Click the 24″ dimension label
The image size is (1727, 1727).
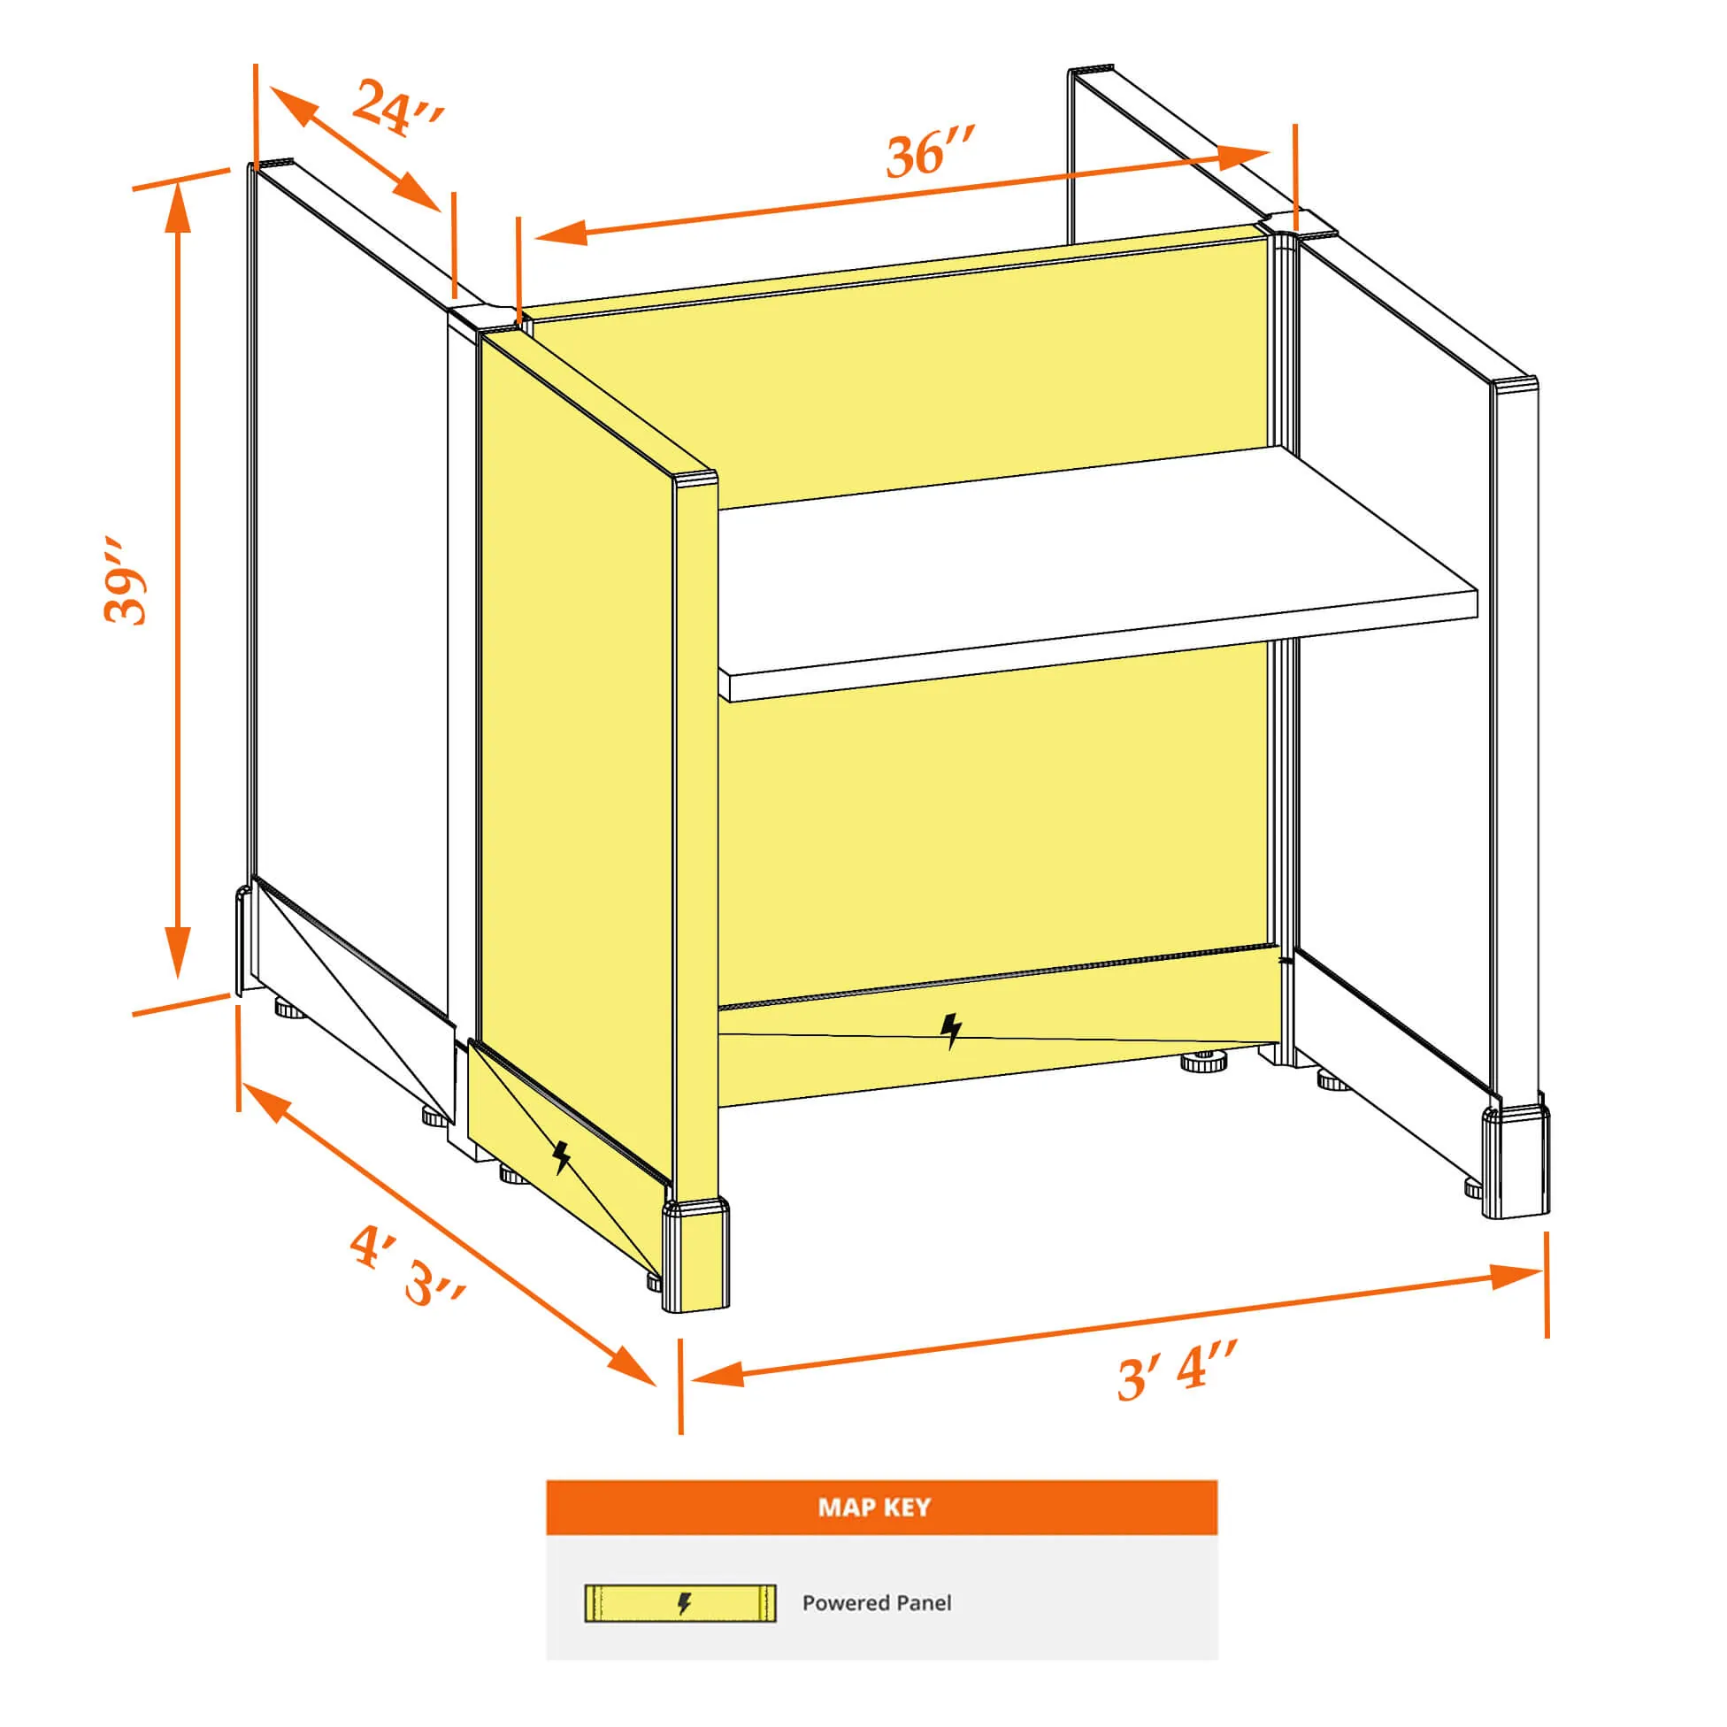click(397, 107)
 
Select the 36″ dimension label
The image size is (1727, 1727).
click(930, 152)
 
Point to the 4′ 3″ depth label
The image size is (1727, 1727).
click(408, 1266)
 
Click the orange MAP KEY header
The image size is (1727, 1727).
click(881, 1507)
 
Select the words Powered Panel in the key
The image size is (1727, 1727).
click(876, 1603)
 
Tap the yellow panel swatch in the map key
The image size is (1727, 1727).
click(680, 1604)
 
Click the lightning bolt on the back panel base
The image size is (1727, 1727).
click(951, 1031)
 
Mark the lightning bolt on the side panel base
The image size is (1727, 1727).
click(562, 1156)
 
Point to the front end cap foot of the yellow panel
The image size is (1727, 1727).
click(695, 1257)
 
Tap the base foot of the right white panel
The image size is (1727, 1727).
click(1516, 1162)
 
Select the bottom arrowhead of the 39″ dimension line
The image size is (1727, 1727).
click(178, 953)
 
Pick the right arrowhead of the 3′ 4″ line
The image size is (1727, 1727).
click(1516, 1276)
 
